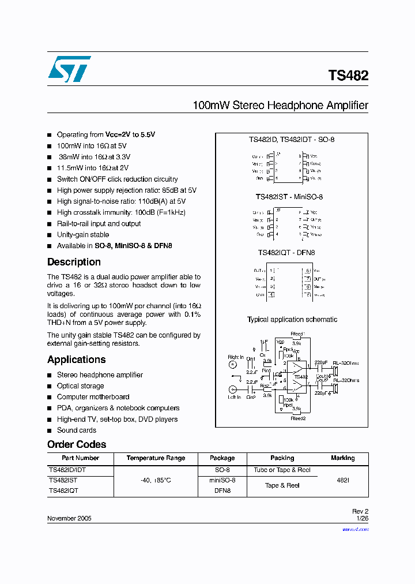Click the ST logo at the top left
(69, 69)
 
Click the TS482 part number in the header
(348, 76)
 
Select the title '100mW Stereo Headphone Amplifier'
(280, 106)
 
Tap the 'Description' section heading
(74, 262)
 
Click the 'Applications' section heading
(76, 360)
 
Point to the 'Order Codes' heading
(77, 444)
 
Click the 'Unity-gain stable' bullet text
(82, 235)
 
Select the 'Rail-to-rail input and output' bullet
(99, 224)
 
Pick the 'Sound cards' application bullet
(76, 430)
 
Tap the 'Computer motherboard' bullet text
(93, 397)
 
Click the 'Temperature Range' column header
(156, 458)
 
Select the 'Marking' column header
(342, 458)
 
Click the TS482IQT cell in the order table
(63, 491)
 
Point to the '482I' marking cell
(342, 480)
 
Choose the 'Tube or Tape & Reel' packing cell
(282, 470)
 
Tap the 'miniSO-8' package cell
(222, 480)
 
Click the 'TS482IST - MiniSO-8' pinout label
(289, 197)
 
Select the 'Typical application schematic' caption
(292, 320)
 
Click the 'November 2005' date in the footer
(69, 519)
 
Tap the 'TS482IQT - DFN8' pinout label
(286, 253)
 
